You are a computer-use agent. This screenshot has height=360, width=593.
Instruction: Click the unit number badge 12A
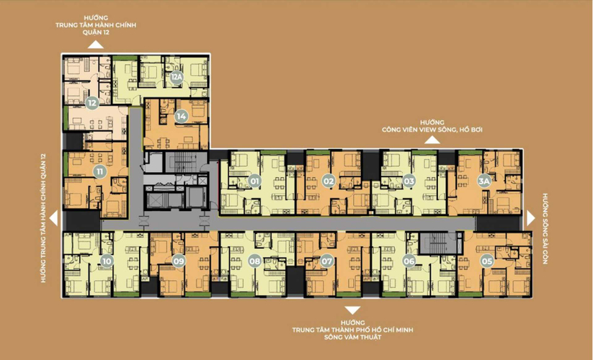coord(177,78)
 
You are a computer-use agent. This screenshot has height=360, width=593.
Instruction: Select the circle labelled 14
coord(181,117)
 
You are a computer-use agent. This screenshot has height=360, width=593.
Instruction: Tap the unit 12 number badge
coord(92,103)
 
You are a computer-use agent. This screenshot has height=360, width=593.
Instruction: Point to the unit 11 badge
coord(100,172)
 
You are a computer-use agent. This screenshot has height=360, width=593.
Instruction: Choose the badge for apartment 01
coord(254,181)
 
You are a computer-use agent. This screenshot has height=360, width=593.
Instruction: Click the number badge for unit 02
coord(329,181)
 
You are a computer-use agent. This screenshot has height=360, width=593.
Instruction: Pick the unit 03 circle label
coord(409,181)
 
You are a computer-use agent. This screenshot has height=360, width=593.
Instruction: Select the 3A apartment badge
coord(483,181)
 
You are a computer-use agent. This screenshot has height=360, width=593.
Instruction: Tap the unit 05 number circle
coord(487,261)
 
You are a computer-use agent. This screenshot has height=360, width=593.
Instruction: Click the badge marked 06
coord(409,261)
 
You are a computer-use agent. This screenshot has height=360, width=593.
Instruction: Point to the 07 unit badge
coord(326,261)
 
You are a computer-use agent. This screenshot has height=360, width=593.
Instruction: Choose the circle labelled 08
coord(254,261)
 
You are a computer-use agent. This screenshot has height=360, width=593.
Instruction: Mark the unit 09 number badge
coord(179,261)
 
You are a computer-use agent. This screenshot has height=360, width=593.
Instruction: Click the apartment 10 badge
coord(107,261)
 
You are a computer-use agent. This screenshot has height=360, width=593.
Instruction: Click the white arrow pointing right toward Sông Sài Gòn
coord(530,218)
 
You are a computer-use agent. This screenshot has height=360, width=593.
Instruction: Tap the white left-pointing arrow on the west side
coord(54,218)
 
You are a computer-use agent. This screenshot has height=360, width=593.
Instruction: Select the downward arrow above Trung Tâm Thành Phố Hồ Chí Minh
coord(352,310)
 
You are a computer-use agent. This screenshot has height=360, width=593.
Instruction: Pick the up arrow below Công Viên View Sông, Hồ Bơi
coord(432,140)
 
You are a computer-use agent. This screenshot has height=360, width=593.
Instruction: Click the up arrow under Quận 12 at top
coord(96,44)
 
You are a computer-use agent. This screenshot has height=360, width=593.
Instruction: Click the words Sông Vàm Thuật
coord(352,337)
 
